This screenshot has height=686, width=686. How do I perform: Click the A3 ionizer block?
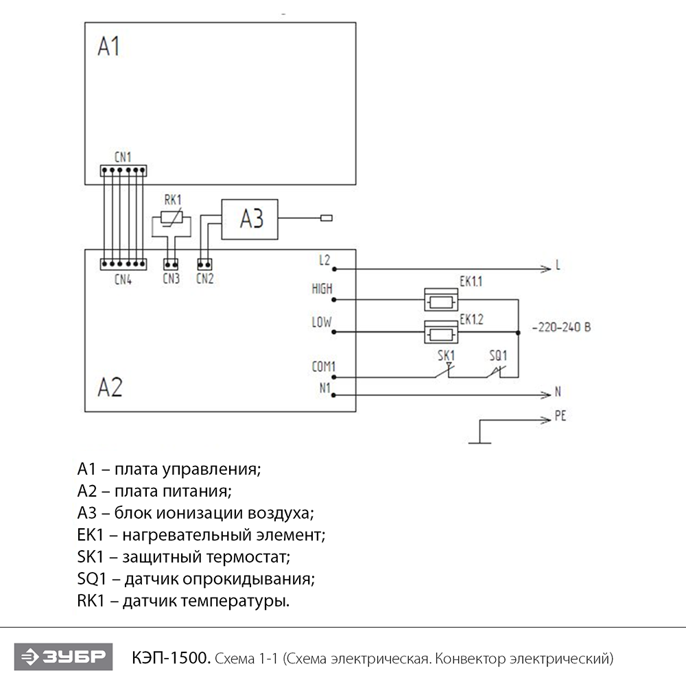(x=249, y=220)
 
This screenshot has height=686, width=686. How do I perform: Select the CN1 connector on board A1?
(x=123, y=170)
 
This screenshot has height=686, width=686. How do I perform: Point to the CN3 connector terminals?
(x=171, y=263)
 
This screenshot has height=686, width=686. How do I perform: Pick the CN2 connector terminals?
(x=204, y=263)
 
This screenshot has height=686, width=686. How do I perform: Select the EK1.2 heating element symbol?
(x=440, y=333)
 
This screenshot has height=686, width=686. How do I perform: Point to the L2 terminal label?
(x=324, y=261)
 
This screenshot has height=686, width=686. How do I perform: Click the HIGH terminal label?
(x=321, y=289)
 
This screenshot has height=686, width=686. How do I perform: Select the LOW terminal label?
(x=321, y=322)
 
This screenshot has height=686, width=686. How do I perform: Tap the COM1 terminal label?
(x=323, y=367)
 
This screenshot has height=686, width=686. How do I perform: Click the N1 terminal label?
(x=325, y=388)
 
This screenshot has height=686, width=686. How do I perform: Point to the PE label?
(x=560, y=416)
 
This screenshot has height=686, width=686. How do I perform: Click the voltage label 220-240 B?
(x=561, y=327)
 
